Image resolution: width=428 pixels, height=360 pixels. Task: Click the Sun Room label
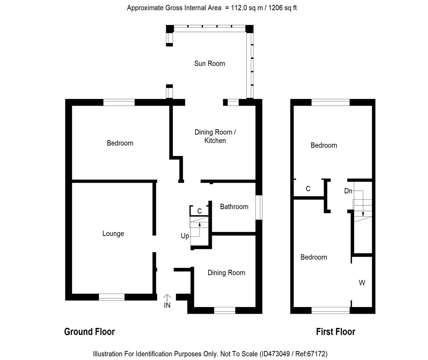click(210, 63)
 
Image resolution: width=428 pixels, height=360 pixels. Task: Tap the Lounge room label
click(113, 234)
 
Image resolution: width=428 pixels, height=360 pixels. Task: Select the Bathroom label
click(234, 207)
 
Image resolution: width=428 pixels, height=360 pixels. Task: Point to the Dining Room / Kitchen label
click(215, 136)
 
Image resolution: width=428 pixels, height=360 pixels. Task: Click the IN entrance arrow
click(167, 297)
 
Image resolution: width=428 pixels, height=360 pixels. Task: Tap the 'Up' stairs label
click(185, 236)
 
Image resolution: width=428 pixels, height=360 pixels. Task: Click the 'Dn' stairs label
click(348, 191)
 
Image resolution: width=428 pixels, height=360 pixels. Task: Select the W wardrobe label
click(362, 283)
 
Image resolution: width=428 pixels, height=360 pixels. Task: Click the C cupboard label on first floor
click(308, 189)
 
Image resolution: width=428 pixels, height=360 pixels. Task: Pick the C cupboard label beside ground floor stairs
click(200, 211)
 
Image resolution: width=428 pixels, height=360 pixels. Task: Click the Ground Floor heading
click(89, 332)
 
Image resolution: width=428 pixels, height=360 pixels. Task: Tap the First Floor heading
click(335, 332)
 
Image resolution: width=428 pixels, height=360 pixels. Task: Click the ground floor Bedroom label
click(120, 143)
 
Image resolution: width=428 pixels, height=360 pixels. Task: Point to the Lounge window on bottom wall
click(112, 297)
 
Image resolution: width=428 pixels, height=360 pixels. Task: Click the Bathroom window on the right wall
click(259, 207)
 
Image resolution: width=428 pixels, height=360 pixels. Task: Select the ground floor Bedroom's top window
click(119, 102)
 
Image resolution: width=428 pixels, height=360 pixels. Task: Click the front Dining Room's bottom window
click(224, 310)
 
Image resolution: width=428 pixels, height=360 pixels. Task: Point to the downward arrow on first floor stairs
click(363, 213)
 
